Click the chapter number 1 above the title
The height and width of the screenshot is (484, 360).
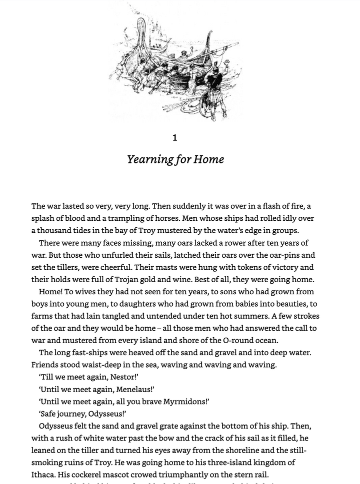pos(174,137)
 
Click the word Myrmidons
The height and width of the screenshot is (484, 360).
pos(180,401)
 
